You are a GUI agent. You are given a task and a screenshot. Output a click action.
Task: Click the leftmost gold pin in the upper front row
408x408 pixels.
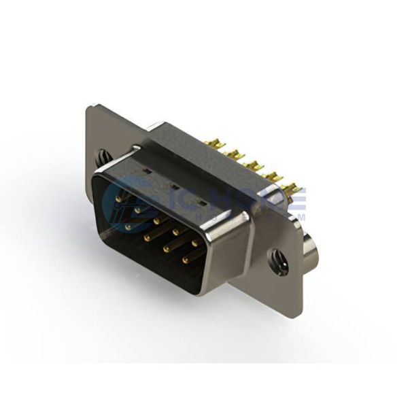[x=120, y=197]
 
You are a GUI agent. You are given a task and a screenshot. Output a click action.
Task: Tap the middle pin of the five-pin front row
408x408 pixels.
[x=157, y=220]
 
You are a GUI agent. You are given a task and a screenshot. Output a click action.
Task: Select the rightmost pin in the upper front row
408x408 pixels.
[x=195, y=242]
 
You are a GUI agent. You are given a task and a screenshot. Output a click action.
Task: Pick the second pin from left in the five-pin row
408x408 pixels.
[x=138, y=209]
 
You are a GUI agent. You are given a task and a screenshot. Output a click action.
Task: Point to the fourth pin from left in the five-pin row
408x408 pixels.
[x=176, y=231]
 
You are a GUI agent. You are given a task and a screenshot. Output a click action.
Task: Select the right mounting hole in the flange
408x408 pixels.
[x=278, y=260]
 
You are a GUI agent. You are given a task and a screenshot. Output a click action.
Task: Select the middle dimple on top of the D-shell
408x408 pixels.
[x=173, y=185]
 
